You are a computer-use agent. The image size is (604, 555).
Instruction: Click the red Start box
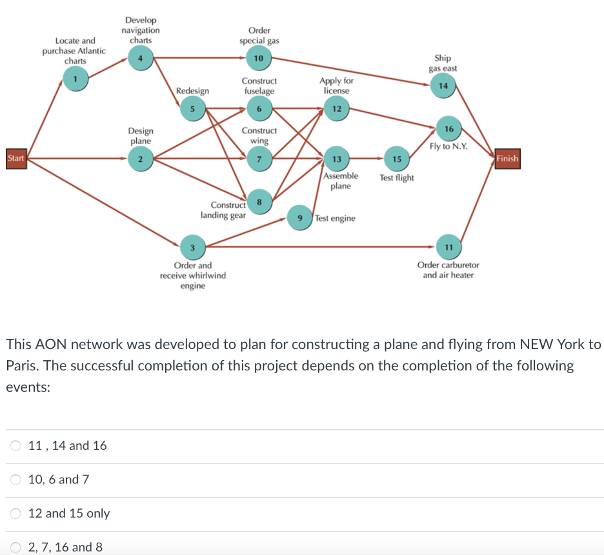(x=16, y=158)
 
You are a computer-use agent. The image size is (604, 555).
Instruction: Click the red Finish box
(x=507, y=158)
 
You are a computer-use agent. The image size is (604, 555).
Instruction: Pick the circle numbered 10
(x=258, y=58)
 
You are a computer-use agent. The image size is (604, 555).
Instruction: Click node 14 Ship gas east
(x=444, y=86)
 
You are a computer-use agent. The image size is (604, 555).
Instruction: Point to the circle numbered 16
(x=449, y=129)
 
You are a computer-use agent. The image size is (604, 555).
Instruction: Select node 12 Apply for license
(x=336, y=109)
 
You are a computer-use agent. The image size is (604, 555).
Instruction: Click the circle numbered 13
(x=336, y=159)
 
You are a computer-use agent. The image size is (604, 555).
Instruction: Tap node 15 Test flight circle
(x=396, y=159)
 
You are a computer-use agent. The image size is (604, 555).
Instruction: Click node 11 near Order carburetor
(x=448, y=247)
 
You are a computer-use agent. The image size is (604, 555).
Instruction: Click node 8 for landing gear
(x=258, y=200)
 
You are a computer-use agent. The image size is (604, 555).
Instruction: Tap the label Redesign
(x=192, y=91)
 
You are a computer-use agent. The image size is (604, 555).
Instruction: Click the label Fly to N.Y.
(x=448, y=146)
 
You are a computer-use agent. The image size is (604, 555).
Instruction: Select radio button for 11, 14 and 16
(x=16, y=446)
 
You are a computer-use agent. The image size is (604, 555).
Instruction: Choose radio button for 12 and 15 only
(x=16, y=514)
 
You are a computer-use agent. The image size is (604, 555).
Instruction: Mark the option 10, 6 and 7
(x=16, y=479)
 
